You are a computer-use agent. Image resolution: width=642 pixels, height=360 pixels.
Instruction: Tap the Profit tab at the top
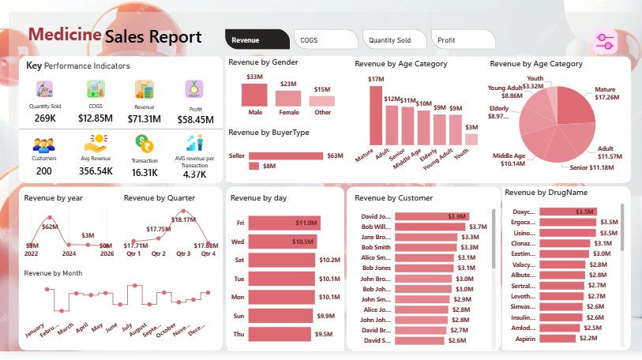pyautogui.click(x=462, y=39)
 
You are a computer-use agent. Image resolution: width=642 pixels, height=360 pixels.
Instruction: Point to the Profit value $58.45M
pyautogui.click(x=194, y=119)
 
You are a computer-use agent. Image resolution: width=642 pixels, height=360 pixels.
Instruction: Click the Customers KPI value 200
pyautogui.click(x=43, y=171)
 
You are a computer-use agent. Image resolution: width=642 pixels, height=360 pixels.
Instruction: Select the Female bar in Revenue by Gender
pyautogui.click(x=288, y=99)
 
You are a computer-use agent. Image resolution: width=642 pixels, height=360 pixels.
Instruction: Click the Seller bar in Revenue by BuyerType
pyautogui.click(x=286, y=156)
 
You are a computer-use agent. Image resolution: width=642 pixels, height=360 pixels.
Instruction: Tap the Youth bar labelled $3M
pyautogui.click(x=471, y=140)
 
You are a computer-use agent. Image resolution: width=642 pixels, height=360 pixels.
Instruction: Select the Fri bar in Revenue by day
pyautogui.click(x=283, y=223)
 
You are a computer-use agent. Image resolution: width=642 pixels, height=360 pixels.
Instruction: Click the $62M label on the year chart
pyautogui.click(x=50, y=227)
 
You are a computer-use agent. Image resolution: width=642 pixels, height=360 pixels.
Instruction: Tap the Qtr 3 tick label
pyautogui.click(x=183, y=253)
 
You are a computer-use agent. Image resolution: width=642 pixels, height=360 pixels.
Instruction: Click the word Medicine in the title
pyautogui.click(x=65, y=34)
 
